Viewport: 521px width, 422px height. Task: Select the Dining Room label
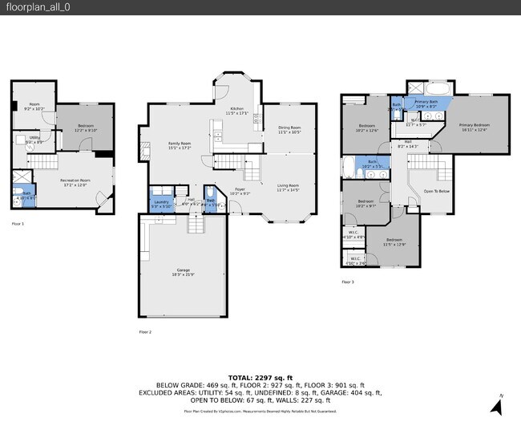click(289, 129)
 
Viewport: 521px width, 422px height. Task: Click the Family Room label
click(179, 145)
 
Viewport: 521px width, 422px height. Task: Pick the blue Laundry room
click(160, 203)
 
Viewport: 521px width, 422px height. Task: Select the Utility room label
click(34, 140)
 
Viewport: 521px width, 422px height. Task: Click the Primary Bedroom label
click(475, 127)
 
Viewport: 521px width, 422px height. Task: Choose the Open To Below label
click(436, 191)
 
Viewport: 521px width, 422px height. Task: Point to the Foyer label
click(240, 191)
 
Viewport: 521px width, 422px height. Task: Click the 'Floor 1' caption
click(18, 224)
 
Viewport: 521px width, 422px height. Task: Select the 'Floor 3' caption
click(348, 282)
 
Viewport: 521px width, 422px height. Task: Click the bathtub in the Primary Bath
click(438, 88)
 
